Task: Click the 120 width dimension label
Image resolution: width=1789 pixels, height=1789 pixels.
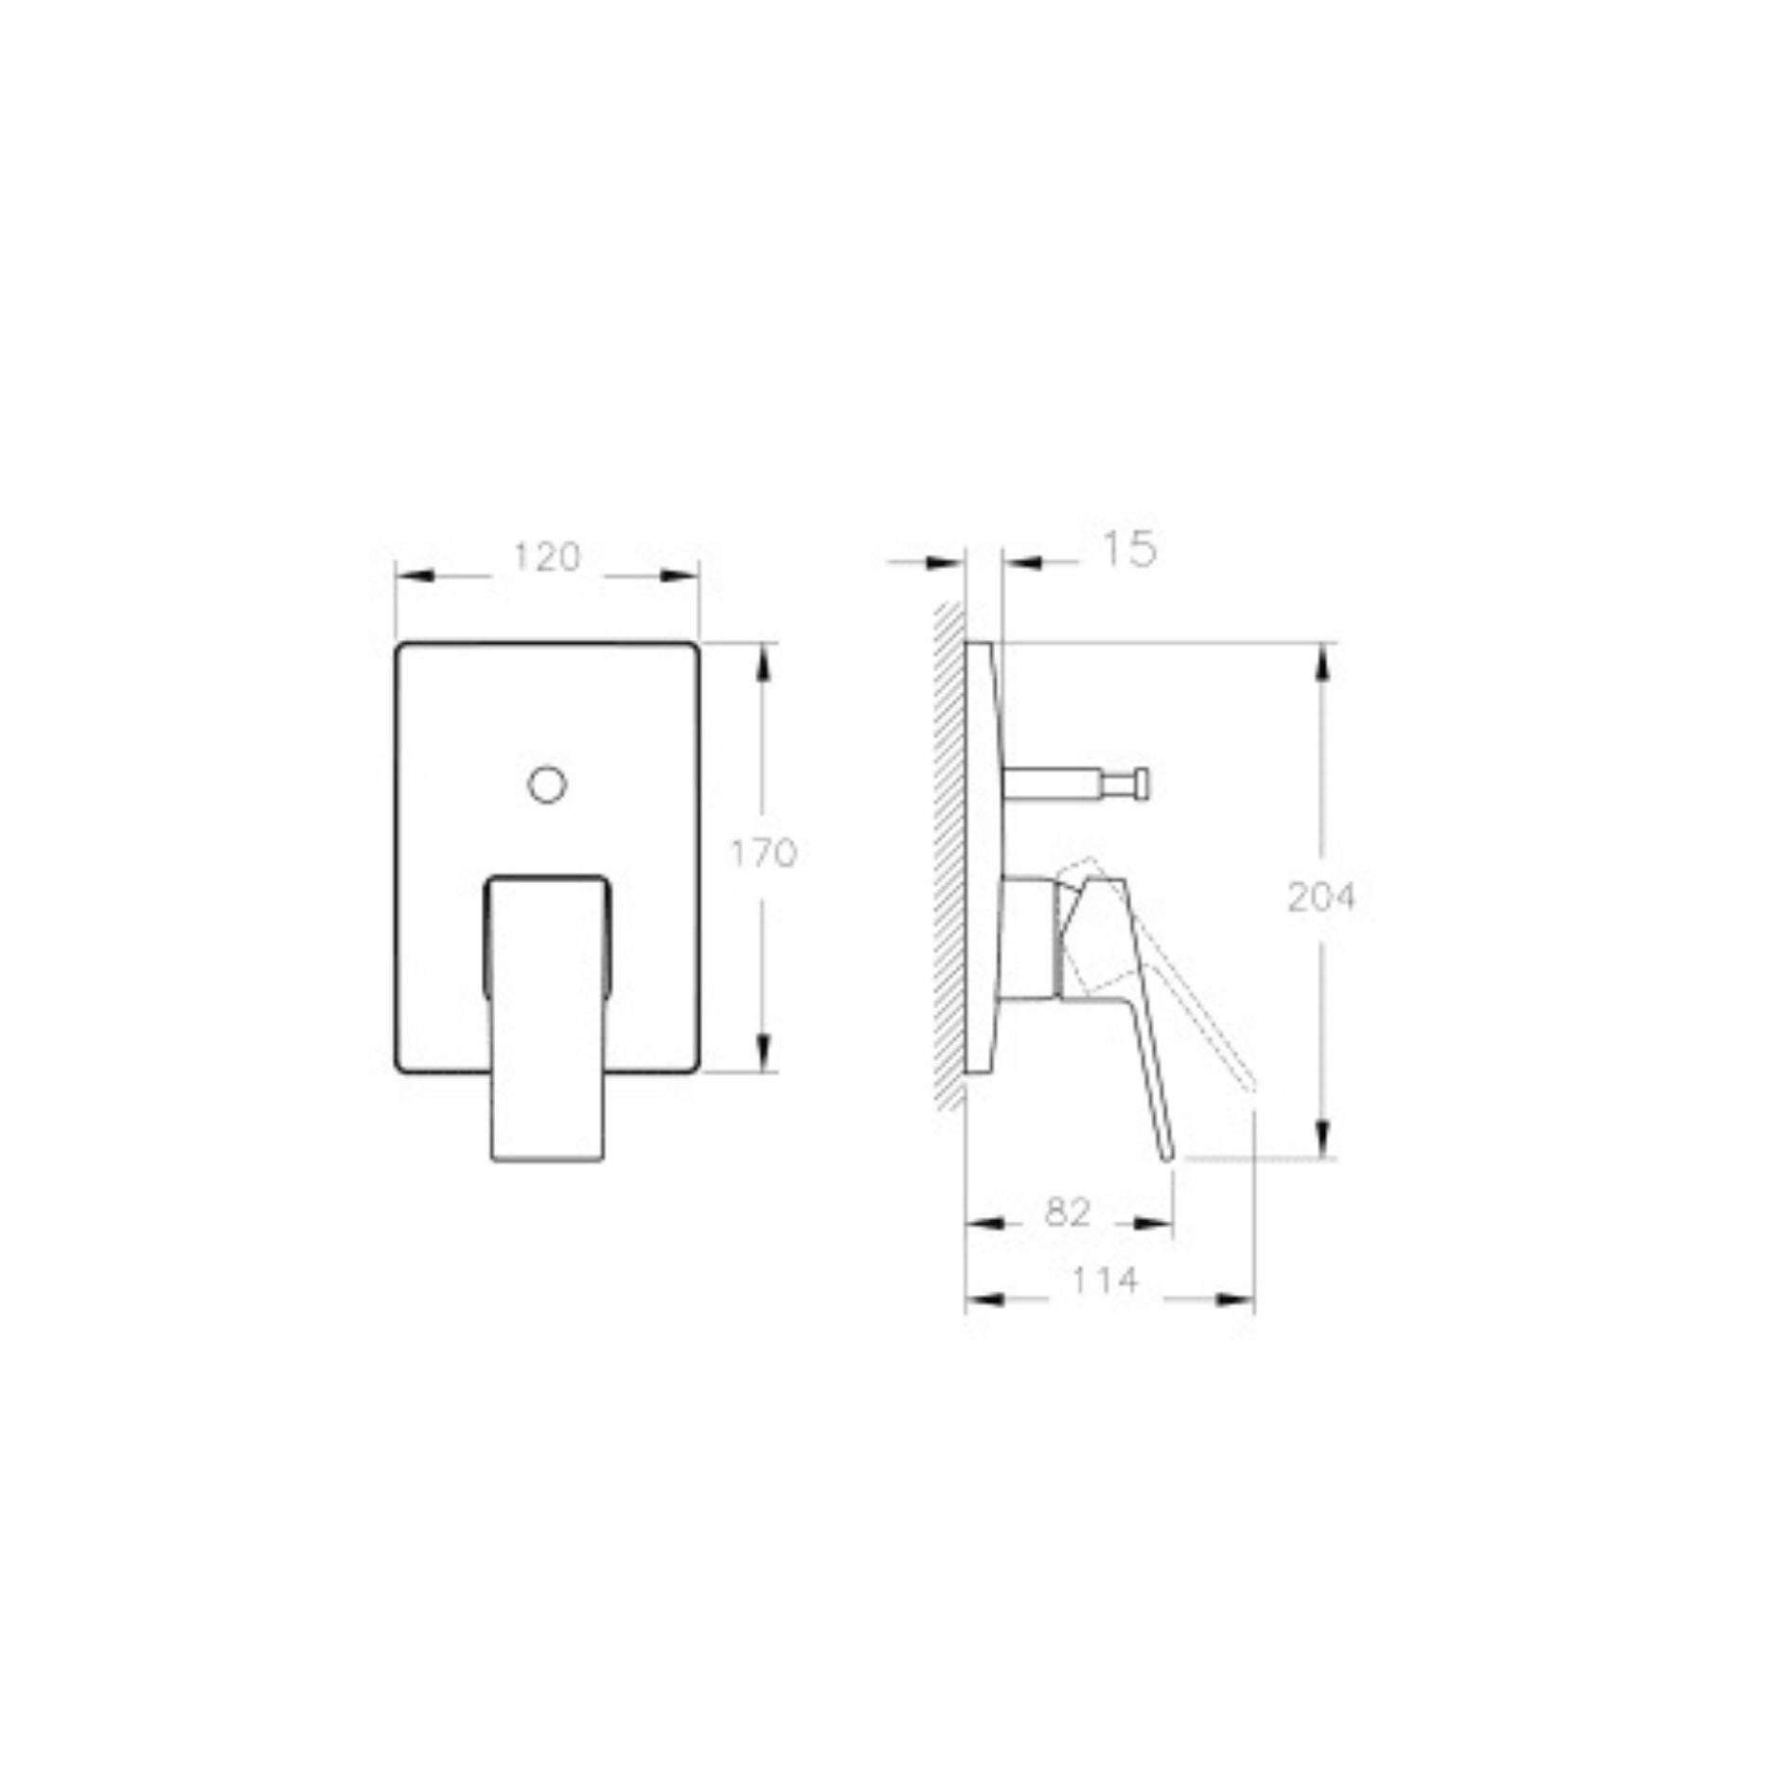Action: tap(546, 558)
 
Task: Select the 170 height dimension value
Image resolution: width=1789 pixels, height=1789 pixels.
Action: tap(763, 854)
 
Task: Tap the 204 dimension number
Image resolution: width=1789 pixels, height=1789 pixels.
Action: tap(1321, 896)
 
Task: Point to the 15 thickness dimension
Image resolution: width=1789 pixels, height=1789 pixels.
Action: tap(1129, 549)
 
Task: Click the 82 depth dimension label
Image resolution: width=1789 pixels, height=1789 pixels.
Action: tap(1069, 1213)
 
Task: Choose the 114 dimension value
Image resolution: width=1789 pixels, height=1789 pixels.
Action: tap(1104, 1281)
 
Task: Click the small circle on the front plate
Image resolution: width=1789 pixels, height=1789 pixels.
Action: tap(546, 785)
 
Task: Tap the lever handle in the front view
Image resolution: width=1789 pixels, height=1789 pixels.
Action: tap(547, 1018)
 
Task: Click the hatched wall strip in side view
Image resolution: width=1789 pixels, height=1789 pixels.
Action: tap(949, 852)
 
